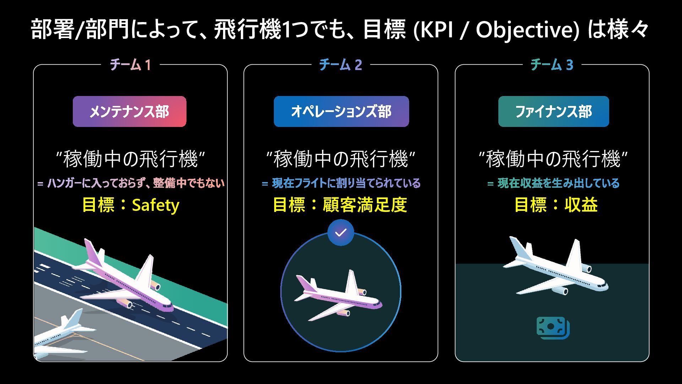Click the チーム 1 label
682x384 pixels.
(130, 65)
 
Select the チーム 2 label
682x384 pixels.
(340, 65)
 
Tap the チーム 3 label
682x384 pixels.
(552, 65)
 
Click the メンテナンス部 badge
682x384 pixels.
(129, 112)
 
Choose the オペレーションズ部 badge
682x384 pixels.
(341, 112)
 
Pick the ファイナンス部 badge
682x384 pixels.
(553, 112)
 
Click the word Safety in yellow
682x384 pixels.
(156, 205)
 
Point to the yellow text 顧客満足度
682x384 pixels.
(364, 205)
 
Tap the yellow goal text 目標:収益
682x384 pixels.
(556, 205)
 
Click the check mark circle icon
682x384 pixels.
(341, 233)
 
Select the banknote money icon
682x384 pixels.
(553, 328)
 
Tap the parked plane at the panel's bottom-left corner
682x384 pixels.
(60, 336)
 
